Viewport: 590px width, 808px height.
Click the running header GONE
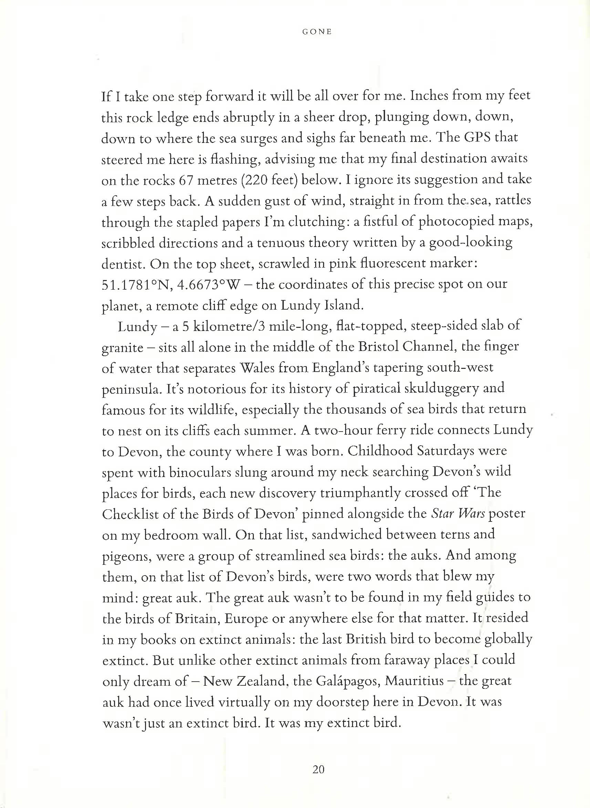click(x=317, y=32)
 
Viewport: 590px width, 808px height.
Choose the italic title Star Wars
click(x=458, y=514)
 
